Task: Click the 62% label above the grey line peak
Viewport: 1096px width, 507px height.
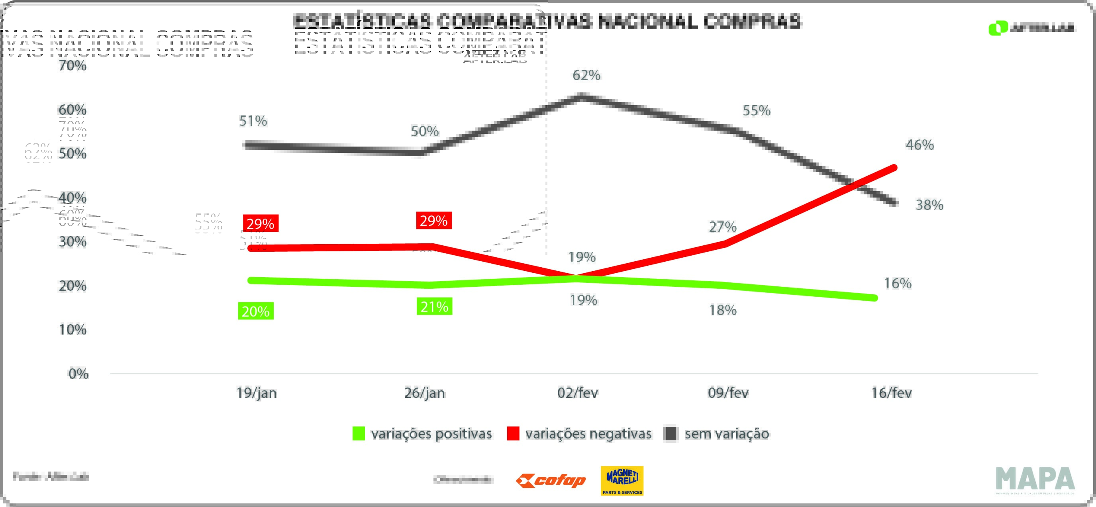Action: (x=586, y=75)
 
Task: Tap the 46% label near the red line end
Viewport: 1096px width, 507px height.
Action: (x=920, y=145)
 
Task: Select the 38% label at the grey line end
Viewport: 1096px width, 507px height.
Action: (x=929, y=205)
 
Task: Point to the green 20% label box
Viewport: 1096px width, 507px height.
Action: (x=256, y=311)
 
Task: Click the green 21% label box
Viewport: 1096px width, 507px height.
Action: (x=434, y=307)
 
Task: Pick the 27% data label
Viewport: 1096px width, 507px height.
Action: (x=722, y=227)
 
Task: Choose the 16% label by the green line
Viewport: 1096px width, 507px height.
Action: (x=898, y=284)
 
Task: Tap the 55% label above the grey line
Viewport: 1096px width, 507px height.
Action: (x=757, y=111)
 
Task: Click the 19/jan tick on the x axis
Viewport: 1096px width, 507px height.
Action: (x=257, y=393)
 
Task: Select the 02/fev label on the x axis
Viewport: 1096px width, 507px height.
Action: (x=577, y=393)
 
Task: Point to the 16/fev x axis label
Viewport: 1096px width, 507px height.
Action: (x=891, y=393)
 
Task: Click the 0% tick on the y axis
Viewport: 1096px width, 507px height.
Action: (x=79, y=374)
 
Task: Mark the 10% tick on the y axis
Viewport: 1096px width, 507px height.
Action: (x=73, y=330)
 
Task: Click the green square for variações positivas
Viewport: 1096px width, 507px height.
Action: (x=359, y=433)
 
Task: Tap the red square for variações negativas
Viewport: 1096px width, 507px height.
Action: (x=513, y=433)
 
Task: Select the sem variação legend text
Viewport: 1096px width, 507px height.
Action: (x=726, y=434)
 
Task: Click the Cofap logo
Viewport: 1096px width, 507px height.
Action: (x=551, y=481)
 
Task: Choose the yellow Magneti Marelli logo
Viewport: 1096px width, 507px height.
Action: (x=622, y=481)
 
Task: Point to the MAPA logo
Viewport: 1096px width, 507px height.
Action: (x=1035, y=480)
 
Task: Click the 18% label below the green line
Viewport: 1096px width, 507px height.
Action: (x=722, y=311)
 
